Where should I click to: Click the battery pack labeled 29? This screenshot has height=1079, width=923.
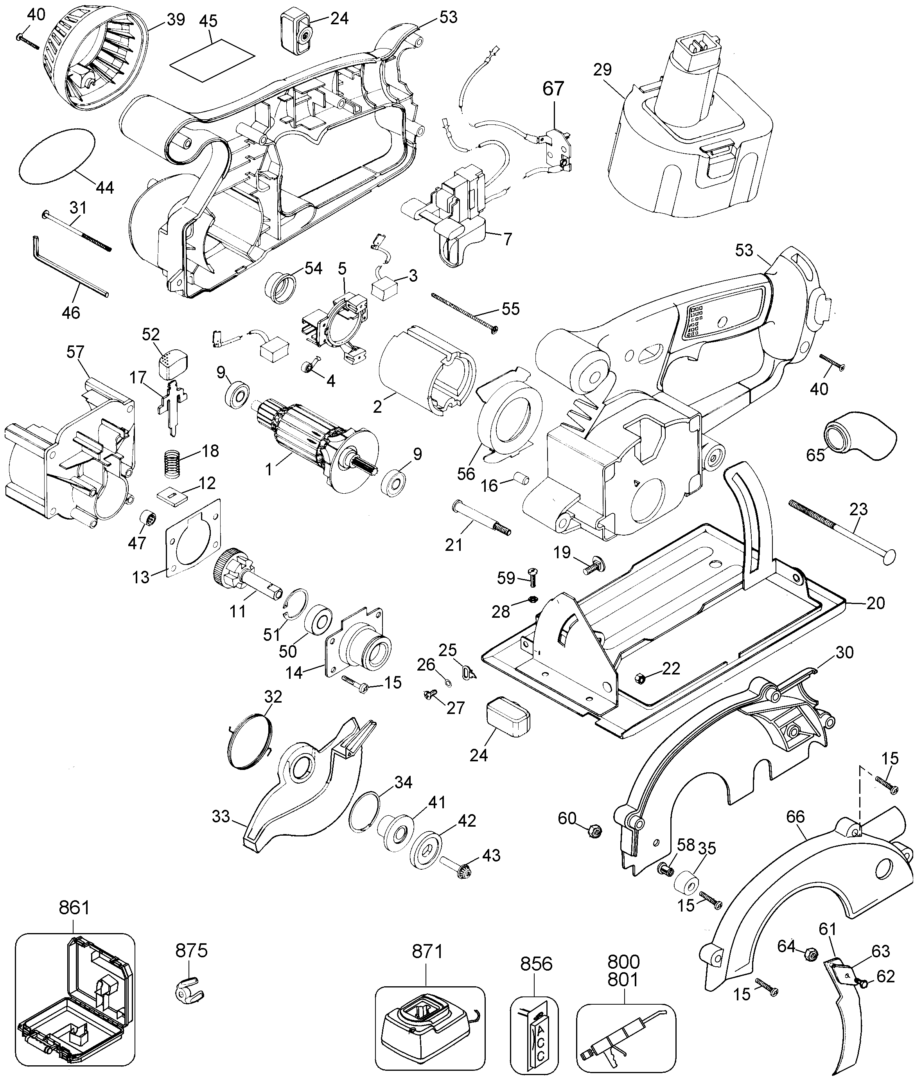pyautogui.click(x=682, y=151)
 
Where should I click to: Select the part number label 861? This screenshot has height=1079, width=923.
pyautogui.click(x=74, y=908)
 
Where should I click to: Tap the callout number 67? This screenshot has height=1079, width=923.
pyautogui.click(x=553, y=88)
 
